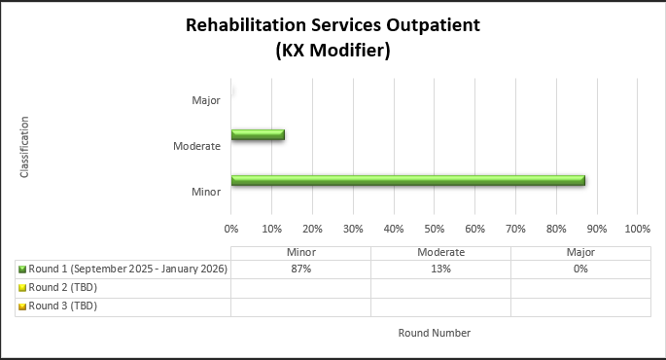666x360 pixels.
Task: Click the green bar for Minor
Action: click(407, 180)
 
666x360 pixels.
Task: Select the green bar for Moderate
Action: click(258, 134)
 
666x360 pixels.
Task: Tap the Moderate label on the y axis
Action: click(195, 146)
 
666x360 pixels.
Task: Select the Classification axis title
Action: click(24, 147)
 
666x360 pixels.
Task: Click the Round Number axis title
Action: click(434, 333)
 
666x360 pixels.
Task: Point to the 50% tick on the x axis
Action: click(434, 230)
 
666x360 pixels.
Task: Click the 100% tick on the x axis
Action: click(637, 230)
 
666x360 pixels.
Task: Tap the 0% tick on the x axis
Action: click(231, 230)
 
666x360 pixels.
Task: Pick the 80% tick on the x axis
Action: click(555, 230)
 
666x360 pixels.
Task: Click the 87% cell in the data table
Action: click(300, 270)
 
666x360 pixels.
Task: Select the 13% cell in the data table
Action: click(440, 270)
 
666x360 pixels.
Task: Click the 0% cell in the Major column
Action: click(580, 270)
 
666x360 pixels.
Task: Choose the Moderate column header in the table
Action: click(440, 252)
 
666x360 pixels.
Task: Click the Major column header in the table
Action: click(580, 252)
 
